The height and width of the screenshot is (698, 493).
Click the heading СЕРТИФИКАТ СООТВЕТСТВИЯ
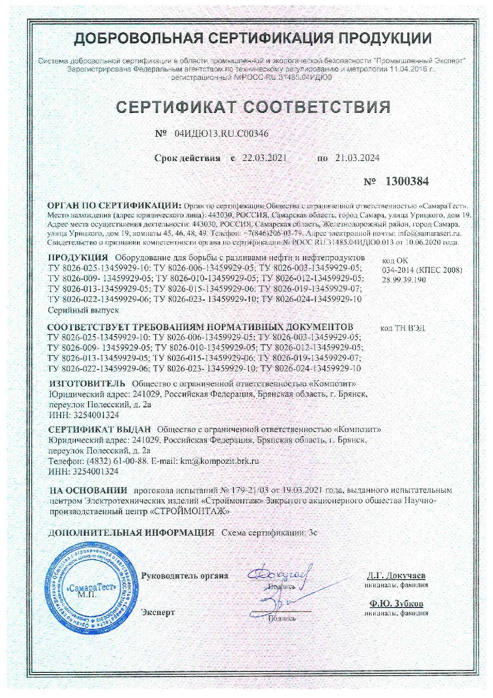coord(253,106)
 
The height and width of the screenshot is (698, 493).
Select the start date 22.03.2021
coord(264,158)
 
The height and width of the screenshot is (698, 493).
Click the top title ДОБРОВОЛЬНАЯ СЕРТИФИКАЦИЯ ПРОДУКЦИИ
coord(253,38)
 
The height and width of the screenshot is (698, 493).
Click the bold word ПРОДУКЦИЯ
coord(79,258)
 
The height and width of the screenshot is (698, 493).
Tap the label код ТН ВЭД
coord(402,328)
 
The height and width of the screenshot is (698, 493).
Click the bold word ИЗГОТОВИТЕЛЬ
coord(87,384)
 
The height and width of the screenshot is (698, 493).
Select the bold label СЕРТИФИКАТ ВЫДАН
coord(100,429)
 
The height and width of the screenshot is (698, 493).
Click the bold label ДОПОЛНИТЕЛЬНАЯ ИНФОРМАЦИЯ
coord(131,532)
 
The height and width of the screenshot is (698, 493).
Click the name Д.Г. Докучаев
coord(396,575)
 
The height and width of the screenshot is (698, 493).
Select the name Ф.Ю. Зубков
coord(397,604)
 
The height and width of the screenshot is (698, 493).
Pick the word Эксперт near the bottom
coord(158,612)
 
